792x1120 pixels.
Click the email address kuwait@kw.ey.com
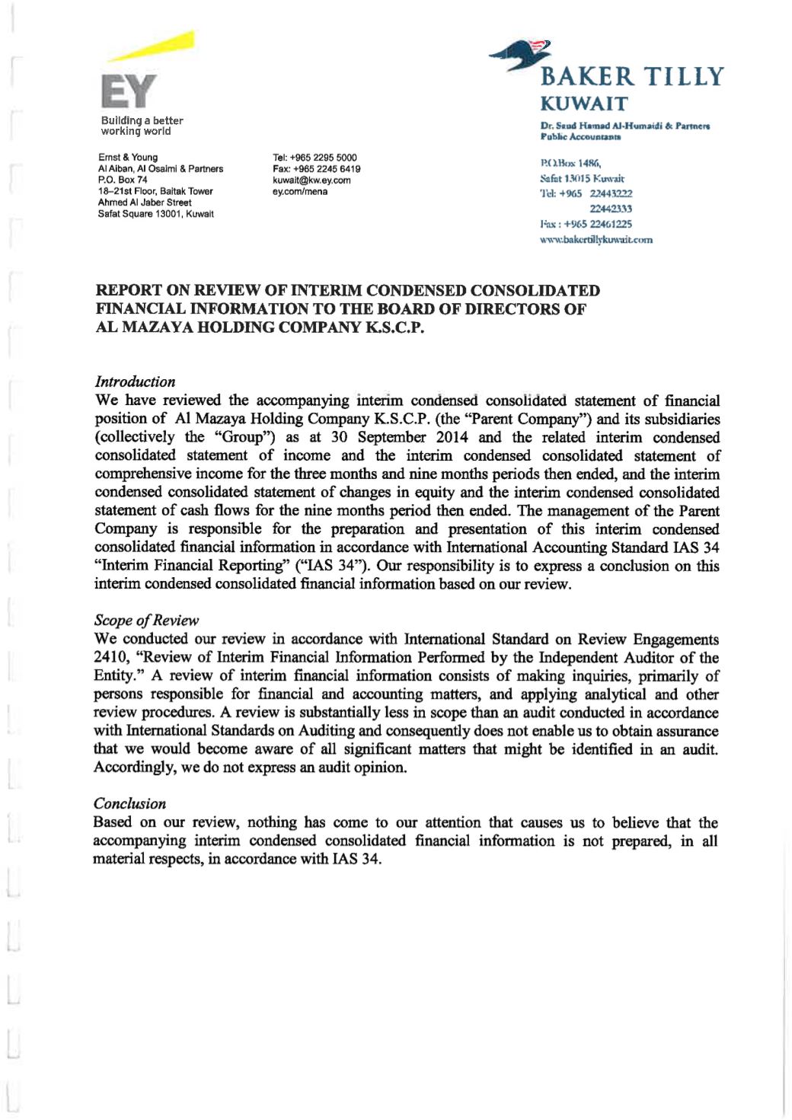pos(311,180)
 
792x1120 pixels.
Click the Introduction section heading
pos(135,381)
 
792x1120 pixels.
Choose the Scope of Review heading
pos(145,620)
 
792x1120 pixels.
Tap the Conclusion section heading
pos(129,803)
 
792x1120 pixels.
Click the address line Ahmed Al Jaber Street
pos(145,203)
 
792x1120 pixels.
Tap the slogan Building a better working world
pos(142,126)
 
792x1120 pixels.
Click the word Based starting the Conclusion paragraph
pos(112,822)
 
